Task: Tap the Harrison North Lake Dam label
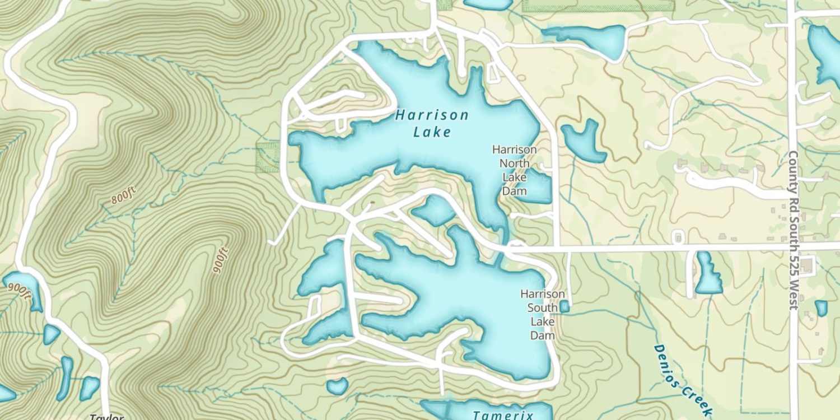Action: click(514, 170)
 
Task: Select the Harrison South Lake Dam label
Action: click(542, 314)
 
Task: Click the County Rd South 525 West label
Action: click(792, 230)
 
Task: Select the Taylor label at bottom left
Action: click(106, 417)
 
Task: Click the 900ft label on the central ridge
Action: click(221, 260)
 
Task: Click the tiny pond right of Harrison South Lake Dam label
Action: click(564, 306)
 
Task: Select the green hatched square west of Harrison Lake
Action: click(267, 157)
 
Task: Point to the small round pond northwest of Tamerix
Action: click(337, 385)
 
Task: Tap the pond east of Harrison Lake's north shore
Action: click(584, 140)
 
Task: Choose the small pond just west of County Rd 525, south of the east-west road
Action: click(708, 274)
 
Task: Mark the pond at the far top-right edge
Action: click(825, 53)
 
